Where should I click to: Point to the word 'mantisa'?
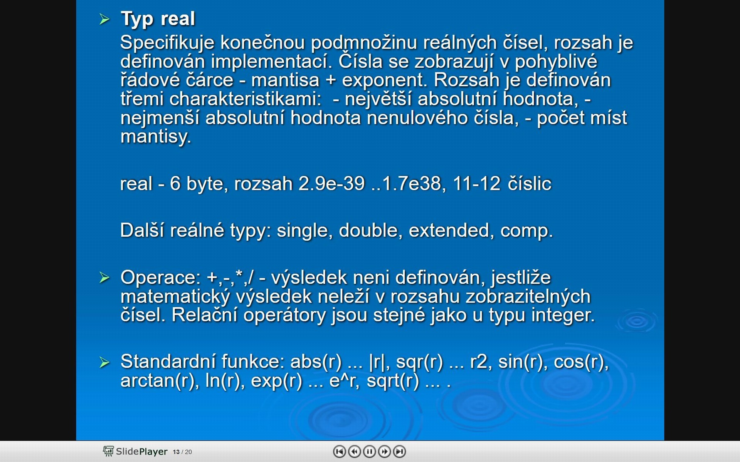point(285,80)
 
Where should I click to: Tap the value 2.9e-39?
point(331,184)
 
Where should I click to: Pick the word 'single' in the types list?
point(303,231)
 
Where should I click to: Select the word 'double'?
point(368,231)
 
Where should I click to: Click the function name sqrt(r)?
point(393,381)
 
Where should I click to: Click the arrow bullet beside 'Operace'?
point(104,277)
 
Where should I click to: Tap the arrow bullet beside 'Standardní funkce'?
point(104,362)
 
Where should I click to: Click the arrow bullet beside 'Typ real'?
point(104,19)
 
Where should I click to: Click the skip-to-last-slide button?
point(400,451)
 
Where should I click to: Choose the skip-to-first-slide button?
point(339,451)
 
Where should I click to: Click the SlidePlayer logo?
point(135,451)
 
